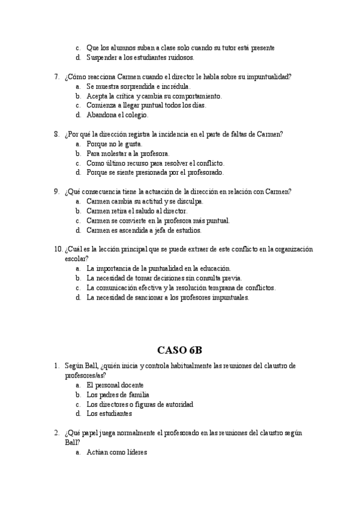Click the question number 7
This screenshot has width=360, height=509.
coord(56,77)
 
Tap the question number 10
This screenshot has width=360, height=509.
coord(58,249)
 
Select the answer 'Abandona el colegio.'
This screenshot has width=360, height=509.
coord(117,115)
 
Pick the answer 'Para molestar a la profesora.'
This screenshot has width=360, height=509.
coord(128,154)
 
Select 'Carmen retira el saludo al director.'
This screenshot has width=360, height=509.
coord(137,211)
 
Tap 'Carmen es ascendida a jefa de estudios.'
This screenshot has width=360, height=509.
coord(144,230)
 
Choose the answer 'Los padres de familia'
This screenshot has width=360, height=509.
coord(118,395)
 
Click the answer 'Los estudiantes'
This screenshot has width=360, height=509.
coord(109,414)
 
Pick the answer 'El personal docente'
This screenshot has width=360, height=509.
coord(115,385)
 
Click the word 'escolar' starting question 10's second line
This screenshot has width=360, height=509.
coord(76,259)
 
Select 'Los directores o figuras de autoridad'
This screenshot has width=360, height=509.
coord(140,404)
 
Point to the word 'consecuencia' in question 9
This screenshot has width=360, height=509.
coord(106,191)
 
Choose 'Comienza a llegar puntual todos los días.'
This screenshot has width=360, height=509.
coord(146,105)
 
